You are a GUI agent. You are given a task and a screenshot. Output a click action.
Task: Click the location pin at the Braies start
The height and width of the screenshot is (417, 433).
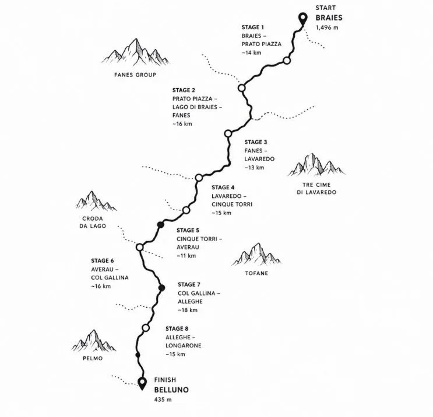click(x=303, y=19)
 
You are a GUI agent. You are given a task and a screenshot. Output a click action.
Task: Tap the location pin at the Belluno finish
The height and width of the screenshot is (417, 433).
click(x=142, y=383)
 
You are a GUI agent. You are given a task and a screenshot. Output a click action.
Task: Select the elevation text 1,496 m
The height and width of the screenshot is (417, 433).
click(x=327, y=27)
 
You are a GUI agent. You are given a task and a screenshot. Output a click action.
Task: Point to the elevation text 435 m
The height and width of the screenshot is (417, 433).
click(x=163, y=399)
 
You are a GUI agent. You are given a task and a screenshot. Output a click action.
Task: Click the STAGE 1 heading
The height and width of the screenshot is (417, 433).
click(x=253, y=27)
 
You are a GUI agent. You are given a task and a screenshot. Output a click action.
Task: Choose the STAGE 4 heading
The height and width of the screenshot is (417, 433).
click(x=223, y=187)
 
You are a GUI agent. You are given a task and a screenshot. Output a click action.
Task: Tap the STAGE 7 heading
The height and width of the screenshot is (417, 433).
click(x=189, y=284)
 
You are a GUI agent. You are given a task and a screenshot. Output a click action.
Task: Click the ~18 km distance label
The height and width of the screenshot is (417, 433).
click(x=188, y=310)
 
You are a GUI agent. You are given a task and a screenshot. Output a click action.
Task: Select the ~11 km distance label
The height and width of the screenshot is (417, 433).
click(x=186, y=256)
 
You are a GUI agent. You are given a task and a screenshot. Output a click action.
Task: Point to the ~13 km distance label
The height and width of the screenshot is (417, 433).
click(x=254, y=168)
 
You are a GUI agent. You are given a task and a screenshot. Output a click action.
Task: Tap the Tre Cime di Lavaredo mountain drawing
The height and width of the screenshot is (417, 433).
click(x=316, y=165)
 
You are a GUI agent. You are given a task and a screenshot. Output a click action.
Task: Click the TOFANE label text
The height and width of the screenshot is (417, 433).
click(x=256, y=273)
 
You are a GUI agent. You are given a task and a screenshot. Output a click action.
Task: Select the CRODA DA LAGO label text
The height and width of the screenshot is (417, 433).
click(x=93, y=222)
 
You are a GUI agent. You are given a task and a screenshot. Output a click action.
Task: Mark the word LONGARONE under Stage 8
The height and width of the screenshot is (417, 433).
click(x=184, y=346)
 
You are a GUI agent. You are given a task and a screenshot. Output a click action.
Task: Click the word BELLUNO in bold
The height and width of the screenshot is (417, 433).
click(x=171, y=390)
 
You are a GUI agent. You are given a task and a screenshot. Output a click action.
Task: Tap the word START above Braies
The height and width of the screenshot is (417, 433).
click(x=326, y=8)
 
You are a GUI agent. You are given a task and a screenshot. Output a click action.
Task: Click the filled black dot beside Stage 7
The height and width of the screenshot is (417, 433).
click(x=162, y=288)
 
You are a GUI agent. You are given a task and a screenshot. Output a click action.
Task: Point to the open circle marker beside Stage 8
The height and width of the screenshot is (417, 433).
click(x=146, y=328)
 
